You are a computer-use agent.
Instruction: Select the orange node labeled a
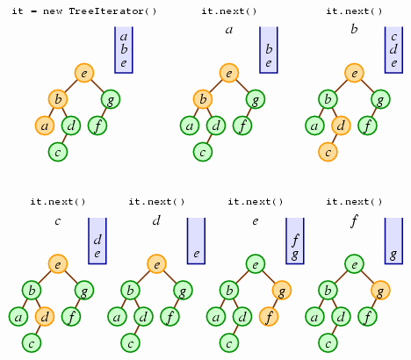45,126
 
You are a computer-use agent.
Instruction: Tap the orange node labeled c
328,152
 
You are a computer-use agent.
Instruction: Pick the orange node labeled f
269,317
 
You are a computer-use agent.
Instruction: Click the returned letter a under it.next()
229,30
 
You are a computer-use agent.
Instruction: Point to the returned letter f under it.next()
354,221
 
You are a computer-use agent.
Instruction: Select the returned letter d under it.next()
156,220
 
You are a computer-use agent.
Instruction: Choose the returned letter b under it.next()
354,29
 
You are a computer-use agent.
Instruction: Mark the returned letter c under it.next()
58,221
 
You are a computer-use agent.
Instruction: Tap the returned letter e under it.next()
256,221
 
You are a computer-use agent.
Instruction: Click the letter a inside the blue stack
124,37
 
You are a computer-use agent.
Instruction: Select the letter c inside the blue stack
394,37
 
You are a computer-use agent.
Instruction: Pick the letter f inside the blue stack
295,241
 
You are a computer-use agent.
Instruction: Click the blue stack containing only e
196,241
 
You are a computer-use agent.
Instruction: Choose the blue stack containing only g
393,241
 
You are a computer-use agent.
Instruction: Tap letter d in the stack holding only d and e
97,240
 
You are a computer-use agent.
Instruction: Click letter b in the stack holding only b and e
269,49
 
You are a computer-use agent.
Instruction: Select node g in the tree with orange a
111,99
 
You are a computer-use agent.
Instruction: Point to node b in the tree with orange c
328,99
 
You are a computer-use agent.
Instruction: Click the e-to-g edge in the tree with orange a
97,86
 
